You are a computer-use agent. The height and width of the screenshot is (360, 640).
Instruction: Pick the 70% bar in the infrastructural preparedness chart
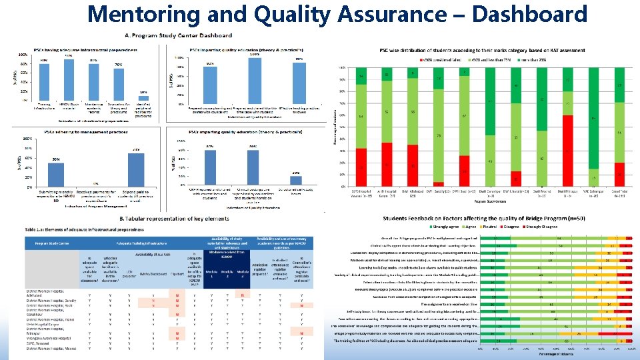(x=118, y=84)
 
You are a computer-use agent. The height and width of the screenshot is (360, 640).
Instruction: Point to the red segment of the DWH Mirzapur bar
(x=567, y=151)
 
